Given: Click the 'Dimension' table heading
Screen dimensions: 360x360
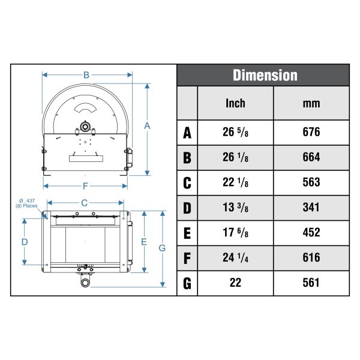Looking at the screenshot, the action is click(265, 76).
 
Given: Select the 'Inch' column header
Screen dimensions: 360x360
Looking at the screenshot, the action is click(235, 103).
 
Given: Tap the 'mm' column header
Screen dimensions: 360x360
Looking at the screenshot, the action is click(311, 104).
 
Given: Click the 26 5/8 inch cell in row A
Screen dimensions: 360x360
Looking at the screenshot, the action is click(235, 132).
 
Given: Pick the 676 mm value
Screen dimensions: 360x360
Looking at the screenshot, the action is click(311, 132).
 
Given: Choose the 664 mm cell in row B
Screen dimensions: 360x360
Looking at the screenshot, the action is click(311, 157).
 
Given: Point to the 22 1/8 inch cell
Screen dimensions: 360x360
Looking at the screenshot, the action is click(235, 182).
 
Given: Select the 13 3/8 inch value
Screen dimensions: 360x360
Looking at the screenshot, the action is click(235, 208).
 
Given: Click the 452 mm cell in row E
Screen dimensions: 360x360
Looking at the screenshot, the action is click(311, 233).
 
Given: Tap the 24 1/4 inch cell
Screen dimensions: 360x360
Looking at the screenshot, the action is click(235, 258).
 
